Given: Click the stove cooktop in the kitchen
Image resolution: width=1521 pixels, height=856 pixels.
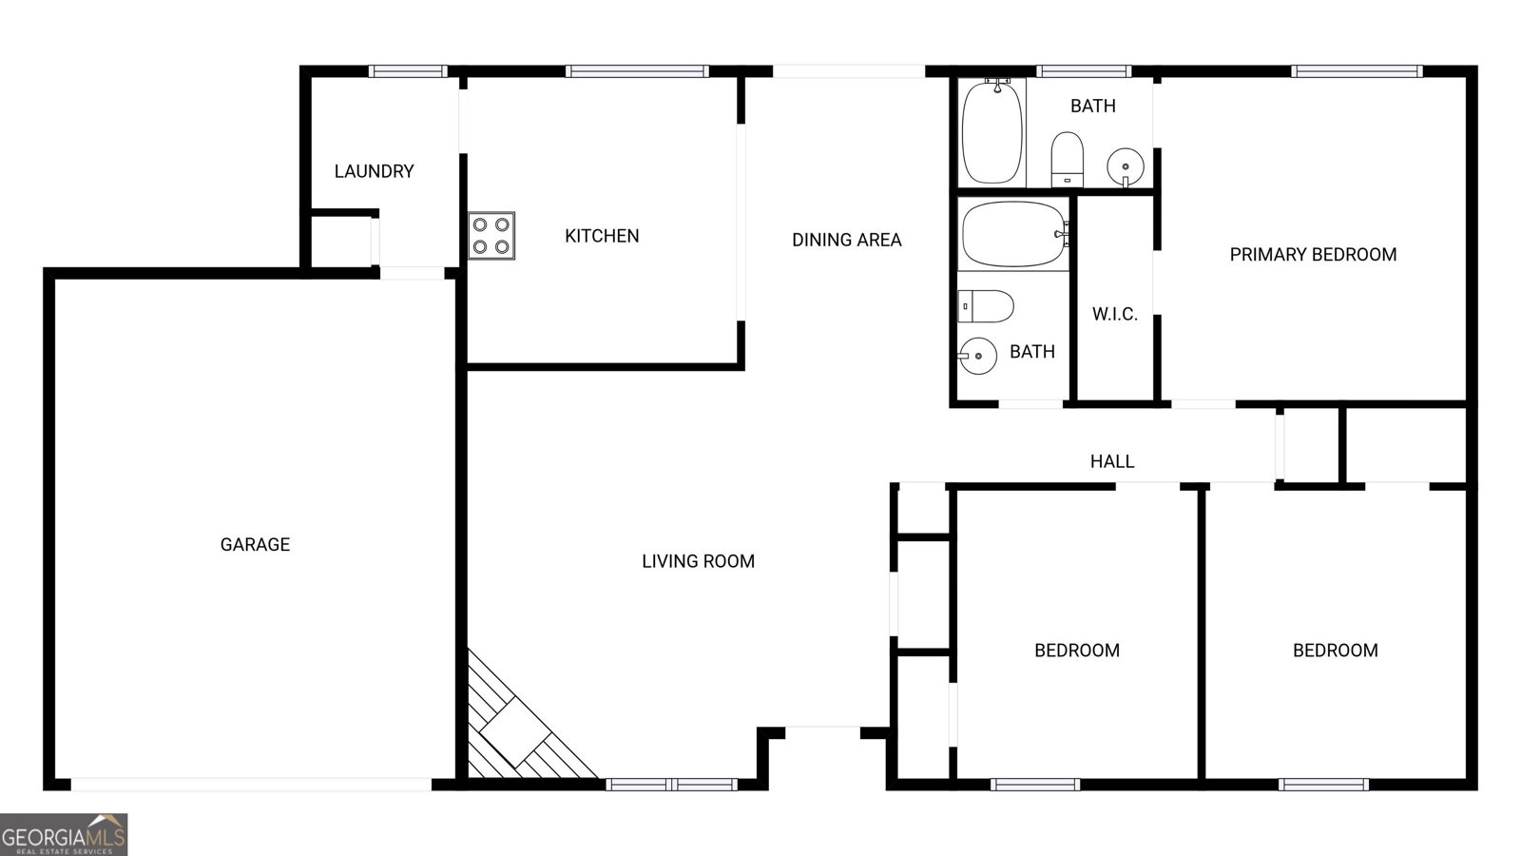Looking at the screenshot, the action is [x=491, y=236].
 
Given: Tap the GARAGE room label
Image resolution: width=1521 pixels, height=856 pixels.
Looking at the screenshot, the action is [x=256, y=544].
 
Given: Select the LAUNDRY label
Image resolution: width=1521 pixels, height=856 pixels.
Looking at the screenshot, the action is [x=375, y=171].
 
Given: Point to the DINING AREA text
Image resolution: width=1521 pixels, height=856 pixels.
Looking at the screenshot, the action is [x=847, y=240].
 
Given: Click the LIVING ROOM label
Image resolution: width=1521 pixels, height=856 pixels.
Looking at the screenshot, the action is [x=698, y=561].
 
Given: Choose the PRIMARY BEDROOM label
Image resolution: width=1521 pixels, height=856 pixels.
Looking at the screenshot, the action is [x=1313, y=255].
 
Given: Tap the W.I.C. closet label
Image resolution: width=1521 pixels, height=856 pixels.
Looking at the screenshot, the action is [x=1115, y=314].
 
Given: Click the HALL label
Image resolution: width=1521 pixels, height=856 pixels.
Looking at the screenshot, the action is [x=1112, y=461].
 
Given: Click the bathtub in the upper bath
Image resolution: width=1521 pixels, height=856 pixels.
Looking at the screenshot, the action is [x=992, y=132].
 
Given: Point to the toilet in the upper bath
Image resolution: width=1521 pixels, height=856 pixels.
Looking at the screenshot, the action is [x=1067, y=160].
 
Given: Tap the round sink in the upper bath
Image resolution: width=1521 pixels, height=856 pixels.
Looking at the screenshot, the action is [x=1126, y=166].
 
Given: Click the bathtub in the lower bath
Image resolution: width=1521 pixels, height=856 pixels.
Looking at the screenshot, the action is [x=1014, y=234].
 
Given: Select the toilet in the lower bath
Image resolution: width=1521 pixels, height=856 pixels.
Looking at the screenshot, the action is [x=986, y=306].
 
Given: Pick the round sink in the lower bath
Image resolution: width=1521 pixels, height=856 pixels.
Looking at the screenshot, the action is [x=977, y=356].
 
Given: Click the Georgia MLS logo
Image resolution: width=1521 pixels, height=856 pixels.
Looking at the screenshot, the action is [x=63, y=835].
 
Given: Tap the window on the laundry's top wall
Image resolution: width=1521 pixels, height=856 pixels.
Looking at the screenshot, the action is [x=408, y=71].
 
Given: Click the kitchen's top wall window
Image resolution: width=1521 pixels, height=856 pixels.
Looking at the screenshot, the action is [x=637, y=71].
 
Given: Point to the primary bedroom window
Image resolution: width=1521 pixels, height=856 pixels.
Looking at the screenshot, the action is [x=1357, y=71].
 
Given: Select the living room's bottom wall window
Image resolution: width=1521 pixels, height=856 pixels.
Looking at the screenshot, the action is [x=671, y=785].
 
